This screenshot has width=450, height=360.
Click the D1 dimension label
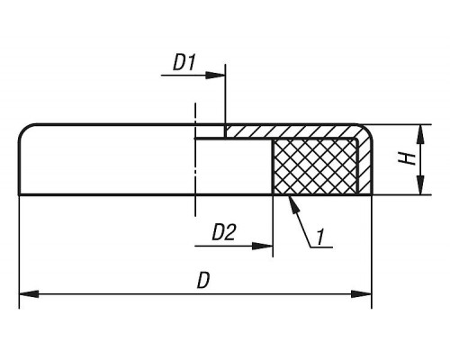click(x=184, y=63)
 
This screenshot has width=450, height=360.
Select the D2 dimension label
click(x=224, y=232)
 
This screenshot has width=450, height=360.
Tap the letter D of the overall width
click(x=202, y=281)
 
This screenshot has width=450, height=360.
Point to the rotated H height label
click(x=408, y=158)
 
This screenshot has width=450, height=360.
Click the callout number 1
click(x=321, y=237)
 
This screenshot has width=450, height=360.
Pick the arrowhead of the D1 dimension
click(x=215, y=75)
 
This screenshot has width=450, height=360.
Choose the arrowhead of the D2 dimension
click(x=263, y=247)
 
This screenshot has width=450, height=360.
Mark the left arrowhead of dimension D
click(x=29, y=294)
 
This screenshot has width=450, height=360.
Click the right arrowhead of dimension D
click(x=362, y=294)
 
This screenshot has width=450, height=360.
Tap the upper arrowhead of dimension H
click(x=421, y=134)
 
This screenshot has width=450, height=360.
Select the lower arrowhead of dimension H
click(x=421, y=184)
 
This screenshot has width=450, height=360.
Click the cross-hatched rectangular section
click(x=315, y=166)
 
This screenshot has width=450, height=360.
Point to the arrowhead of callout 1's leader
click(x=292, y=204)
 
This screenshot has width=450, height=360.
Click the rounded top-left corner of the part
click(x=24, y=129)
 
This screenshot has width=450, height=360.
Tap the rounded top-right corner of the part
click(x=367, y=130)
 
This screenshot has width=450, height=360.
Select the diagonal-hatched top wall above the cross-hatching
click(x=291, y=131)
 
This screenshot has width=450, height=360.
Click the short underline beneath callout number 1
click(x=321, y=247)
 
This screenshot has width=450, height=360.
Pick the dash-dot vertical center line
click(x=195, y=159)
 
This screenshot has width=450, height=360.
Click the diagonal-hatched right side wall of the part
click(x=365, y=165)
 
